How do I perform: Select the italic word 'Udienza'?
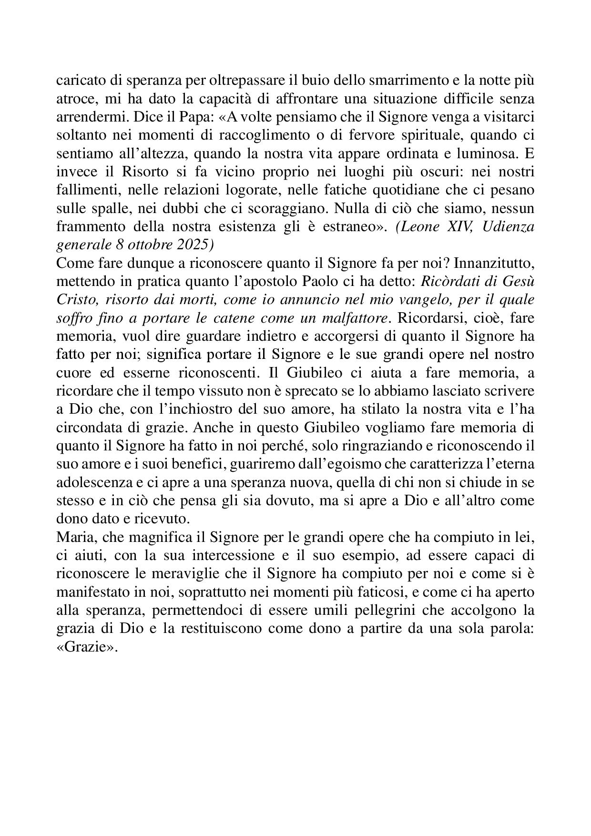coord(508,226)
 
